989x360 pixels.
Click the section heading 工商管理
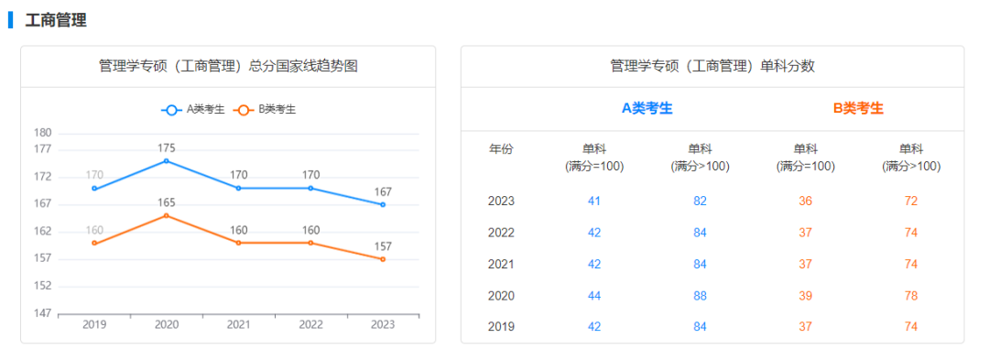pyautogui.click(x=56, y=20)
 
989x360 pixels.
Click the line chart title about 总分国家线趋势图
pyautogui.click(x=228, y=66)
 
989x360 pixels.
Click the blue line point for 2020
pyautogui.click(x=166, y=160)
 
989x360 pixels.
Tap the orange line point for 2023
pyautogui.click(x=383, y=259)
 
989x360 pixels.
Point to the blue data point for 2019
pyautogui.click(x=94, y=189)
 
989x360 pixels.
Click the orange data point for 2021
pyautogui.click(x=239, y=243)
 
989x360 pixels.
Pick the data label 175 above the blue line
pyautogui.click(x=166, y=147)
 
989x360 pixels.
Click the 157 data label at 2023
pyautogui.click(x=383, y=246)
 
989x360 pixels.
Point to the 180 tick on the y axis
pyautogui.click(x=42, y=133)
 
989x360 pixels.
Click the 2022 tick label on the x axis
pyautogui.click(x=310, y=324)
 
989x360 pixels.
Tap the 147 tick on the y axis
pyautogui.click(x=42, y=313)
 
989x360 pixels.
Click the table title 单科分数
pyautogui.click(x=712, y=66)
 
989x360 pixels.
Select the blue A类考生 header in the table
pyautogui.click(x=647, y=108)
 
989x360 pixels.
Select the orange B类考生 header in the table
pyautogui.click(x=858, y=108)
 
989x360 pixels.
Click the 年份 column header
pyautogui.click(x=501, y=149)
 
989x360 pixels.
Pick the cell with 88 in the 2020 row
pyautogui.click(x=700, y=296)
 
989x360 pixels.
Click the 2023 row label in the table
pyautogui.click(x=501, y=201)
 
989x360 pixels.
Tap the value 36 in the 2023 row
pyautogui.click(x=805, y=201)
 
